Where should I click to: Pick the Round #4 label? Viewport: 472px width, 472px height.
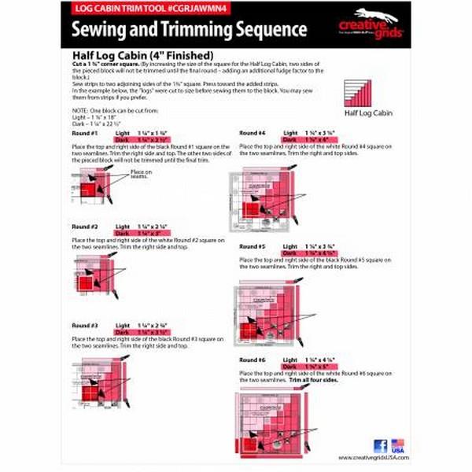coord(252,133)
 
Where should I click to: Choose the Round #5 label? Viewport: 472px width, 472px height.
coord(252,246)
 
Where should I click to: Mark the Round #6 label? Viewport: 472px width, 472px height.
coord(252,360)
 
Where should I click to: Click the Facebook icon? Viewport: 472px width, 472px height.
coord(380,445)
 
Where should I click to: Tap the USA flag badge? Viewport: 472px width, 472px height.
coord(397,445)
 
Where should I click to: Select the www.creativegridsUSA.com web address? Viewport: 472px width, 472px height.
coord(371,458)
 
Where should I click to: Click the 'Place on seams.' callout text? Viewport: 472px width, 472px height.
coord(140,175)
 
